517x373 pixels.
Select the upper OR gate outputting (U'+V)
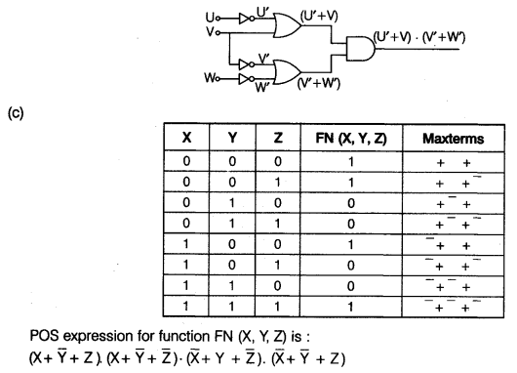[x=291, y=22]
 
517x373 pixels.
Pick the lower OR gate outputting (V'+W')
[x=291, y=69]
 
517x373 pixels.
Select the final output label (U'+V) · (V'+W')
[x=420, y=37]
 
